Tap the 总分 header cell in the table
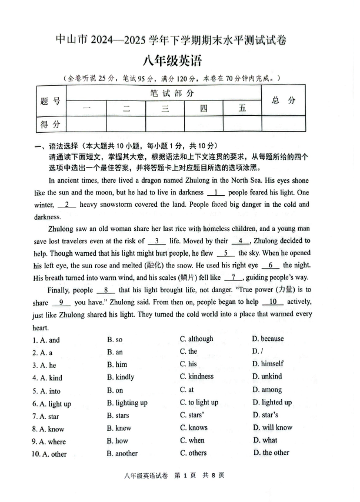tap(284, 101)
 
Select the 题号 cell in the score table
tap(51, 101)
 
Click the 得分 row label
tap(51, 123)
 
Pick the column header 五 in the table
tap(242, 108)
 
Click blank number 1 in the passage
tap(216, 192)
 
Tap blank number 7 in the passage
tap(234, 277)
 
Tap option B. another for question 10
tap(122, 453)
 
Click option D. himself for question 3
tap(268, 363)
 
